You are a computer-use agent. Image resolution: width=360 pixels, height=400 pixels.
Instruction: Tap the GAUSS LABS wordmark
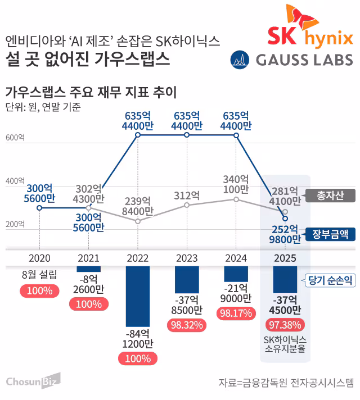click(304, 59)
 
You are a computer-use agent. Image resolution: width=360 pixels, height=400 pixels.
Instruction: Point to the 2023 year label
click(187, 258)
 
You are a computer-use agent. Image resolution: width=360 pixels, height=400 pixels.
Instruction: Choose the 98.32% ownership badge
click(187, 324)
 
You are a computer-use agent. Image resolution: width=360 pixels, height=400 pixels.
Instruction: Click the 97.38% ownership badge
click(285, 324)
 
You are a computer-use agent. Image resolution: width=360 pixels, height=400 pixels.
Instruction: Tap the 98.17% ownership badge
click(236, 313)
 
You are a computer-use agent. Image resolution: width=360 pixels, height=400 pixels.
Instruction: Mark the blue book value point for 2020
click(39, 208)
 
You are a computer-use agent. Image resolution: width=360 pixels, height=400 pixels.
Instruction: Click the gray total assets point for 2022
click(138, 221)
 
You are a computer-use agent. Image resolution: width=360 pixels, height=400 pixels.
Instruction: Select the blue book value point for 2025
click(285, 218)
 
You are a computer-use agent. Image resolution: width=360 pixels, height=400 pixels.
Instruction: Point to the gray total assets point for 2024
click(236, 199)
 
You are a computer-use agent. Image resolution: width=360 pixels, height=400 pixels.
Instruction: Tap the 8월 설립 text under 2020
click(39, 275)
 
